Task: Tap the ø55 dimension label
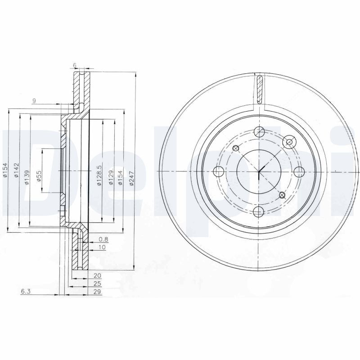[39, 175]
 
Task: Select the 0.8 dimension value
[103, 239]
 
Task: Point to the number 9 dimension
[34, 100]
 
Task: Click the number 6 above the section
[75, 65]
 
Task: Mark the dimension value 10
[102, 247]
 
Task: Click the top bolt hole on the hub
[259, 132]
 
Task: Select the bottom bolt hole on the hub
[259, 211]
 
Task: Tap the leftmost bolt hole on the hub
[219, 171]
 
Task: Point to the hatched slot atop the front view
[259, 89]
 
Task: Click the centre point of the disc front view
[259, 171]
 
